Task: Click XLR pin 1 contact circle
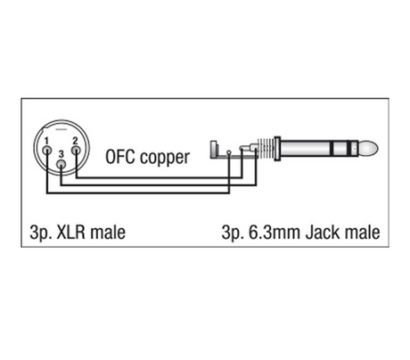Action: click(46, 150)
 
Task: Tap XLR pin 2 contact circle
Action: click(76, 150)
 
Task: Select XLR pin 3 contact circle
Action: click(61, 164)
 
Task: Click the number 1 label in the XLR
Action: click(46, 141)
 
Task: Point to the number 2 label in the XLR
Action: click(75, 141)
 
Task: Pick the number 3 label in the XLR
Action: click(61, 154)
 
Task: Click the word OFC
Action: click(120, 157)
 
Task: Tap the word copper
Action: click(165, 158)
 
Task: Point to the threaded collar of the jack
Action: click(266, 149)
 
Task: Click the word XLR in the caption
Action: click(70, 233)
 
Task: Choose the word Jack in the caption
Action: click(321, 233)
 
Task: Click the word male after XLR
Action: click(108, 233)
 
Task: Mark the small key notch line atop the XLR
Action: click(61, 130)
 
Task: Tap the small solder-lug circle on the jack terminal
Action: click(228, 152)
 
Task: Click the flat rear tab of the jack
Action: click(214, 150)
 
